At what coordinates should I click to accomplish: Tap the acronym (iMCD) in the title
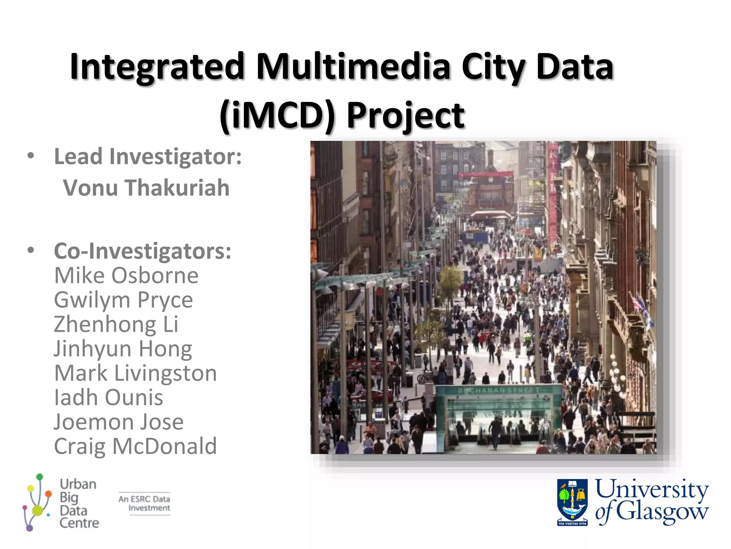click(278, 115)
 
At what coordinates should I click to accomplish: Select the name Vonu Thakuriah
click(146, 188)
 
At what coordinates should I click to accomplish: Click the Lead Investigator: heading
click(148, 157)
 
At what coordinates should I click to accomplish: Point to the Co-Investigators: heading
click(142, 251)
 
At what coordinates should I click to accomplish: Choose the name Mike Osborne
click(126, 276)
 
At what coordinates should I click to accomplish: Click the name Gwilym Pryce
click(123, 300)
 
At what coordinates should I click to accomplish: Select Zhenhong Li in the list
click(116, 324)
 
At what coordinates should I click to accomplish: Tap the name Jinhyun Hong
click(123, 349)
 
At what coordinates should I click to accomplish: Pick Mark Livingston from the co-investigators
click(135, 373)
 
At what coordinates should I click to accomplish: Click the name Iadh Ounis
click(109, 397)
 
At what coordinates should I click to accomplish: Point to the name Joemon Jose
click(119, 422)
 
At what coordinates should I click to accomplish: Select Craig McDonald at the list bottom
click(135, 446)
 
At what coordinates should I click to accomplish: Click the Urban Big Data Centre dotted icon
click(37, 502)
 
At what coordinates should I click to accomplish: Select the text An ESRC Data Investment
click(144, 504)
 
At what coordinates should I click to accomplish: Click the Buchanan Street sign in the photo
click(499, 391)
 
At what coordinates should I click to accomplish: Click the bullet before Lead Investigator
click(31, 156)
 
